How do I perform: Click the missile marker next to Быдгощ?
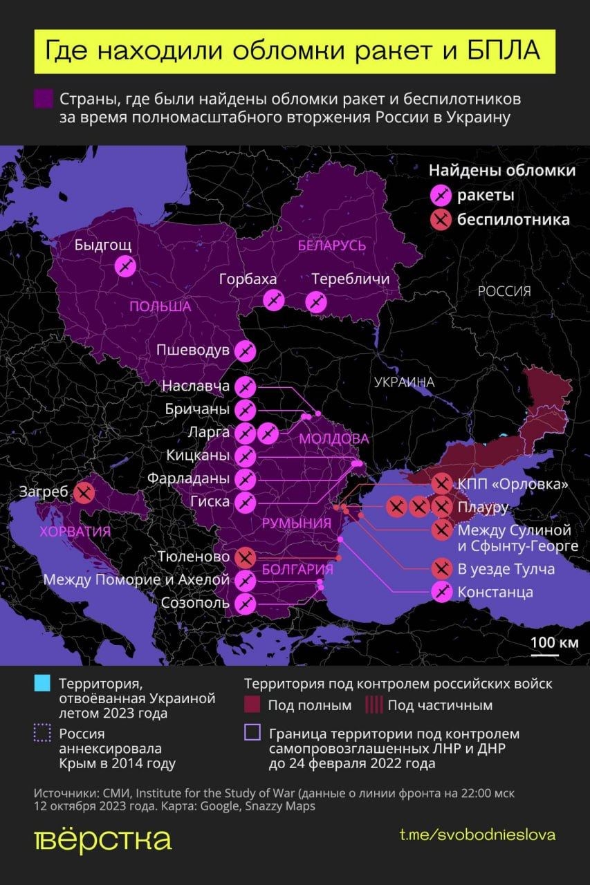[x=125, y=265]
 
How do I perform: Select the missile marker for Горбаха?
[x=274, y=300]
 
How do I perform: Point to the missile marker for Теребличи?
[x=317, y=301]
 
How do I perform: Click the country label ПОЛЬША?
[x=160, y=306]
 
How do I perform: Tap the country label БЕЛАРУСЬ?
[x=332, y=246]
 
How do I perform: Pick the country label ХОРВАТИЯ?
[x=75, y=532]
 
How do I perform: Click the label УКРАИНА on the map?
[x=404, y=382]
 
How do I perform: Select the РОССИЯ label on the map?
[x=505, y=291]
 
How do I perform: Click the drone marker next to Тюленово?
[x=245, y=557]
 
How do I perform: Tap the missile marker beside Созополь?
[x=245, y=603]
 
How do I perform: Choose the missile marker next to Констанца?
[x=442, y=592]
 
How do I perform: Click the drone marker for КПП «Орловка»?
[x=442, y=484]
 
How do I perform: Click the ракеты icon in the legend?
[x=440, y=196]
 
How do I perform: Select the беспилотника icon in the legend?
[x=440, y=220]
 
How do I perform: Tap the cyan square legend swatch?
[x=42, y=684]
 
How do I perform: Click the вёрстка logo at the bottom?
[x=102, y=839]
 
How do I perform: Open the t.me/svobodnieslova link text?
[x=477, y=835]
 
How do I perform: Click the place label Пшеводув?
[x=192, y=351]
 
